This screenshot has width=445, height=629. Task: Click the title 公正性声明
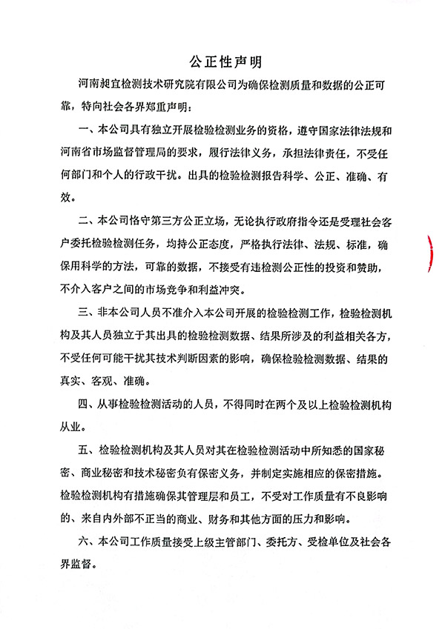tap(222, 59)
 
